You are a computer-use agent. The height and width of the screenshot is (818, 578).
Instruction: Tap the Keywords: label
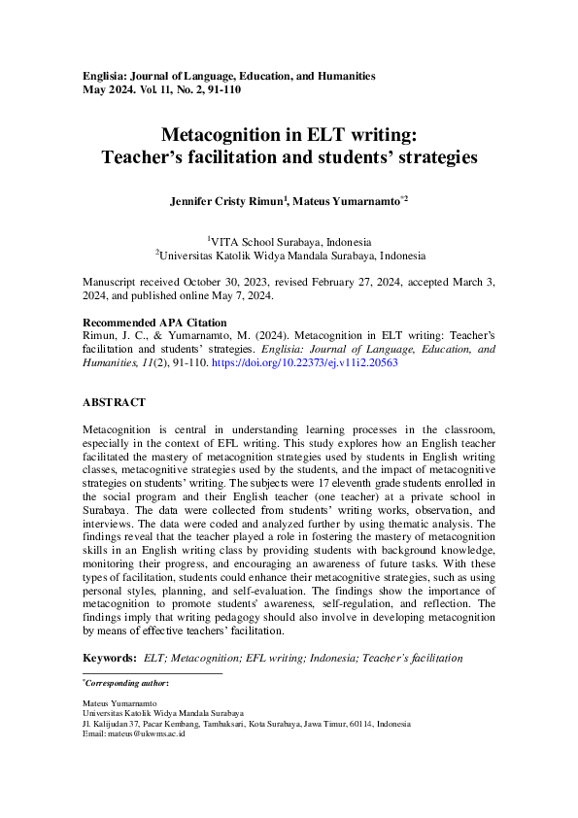pyautogui.click(x=110, y=659)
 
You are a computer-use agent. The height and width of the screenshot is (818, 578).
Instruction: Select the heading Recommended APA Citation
pyautogui.click(x=154, y=323)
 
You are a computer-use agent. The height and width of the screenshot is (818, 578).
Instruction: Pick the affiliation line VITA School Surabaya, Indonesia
pyautogui.click(x=290, y=242)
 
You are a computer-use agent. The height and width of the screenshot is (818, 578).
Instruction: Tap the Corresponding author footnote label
pyautogui.click(x=127, y=684)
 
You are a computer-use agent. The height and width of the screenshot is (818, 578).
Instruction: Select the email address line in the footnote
pyautogui.click(x=134, y=733)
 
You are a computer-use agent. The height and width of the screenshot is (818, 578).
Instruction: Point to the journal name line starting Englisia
pyautogui.click(x=228, y=76)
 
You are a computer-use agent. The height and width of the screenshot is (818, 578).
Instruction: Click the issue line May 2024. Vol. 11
pyautogui.click(x=161, y=89)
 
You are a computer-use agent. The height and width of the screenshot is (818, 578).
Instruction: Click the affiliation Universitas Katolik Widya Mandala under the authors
pyautogui.click(x=292, y=256)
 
